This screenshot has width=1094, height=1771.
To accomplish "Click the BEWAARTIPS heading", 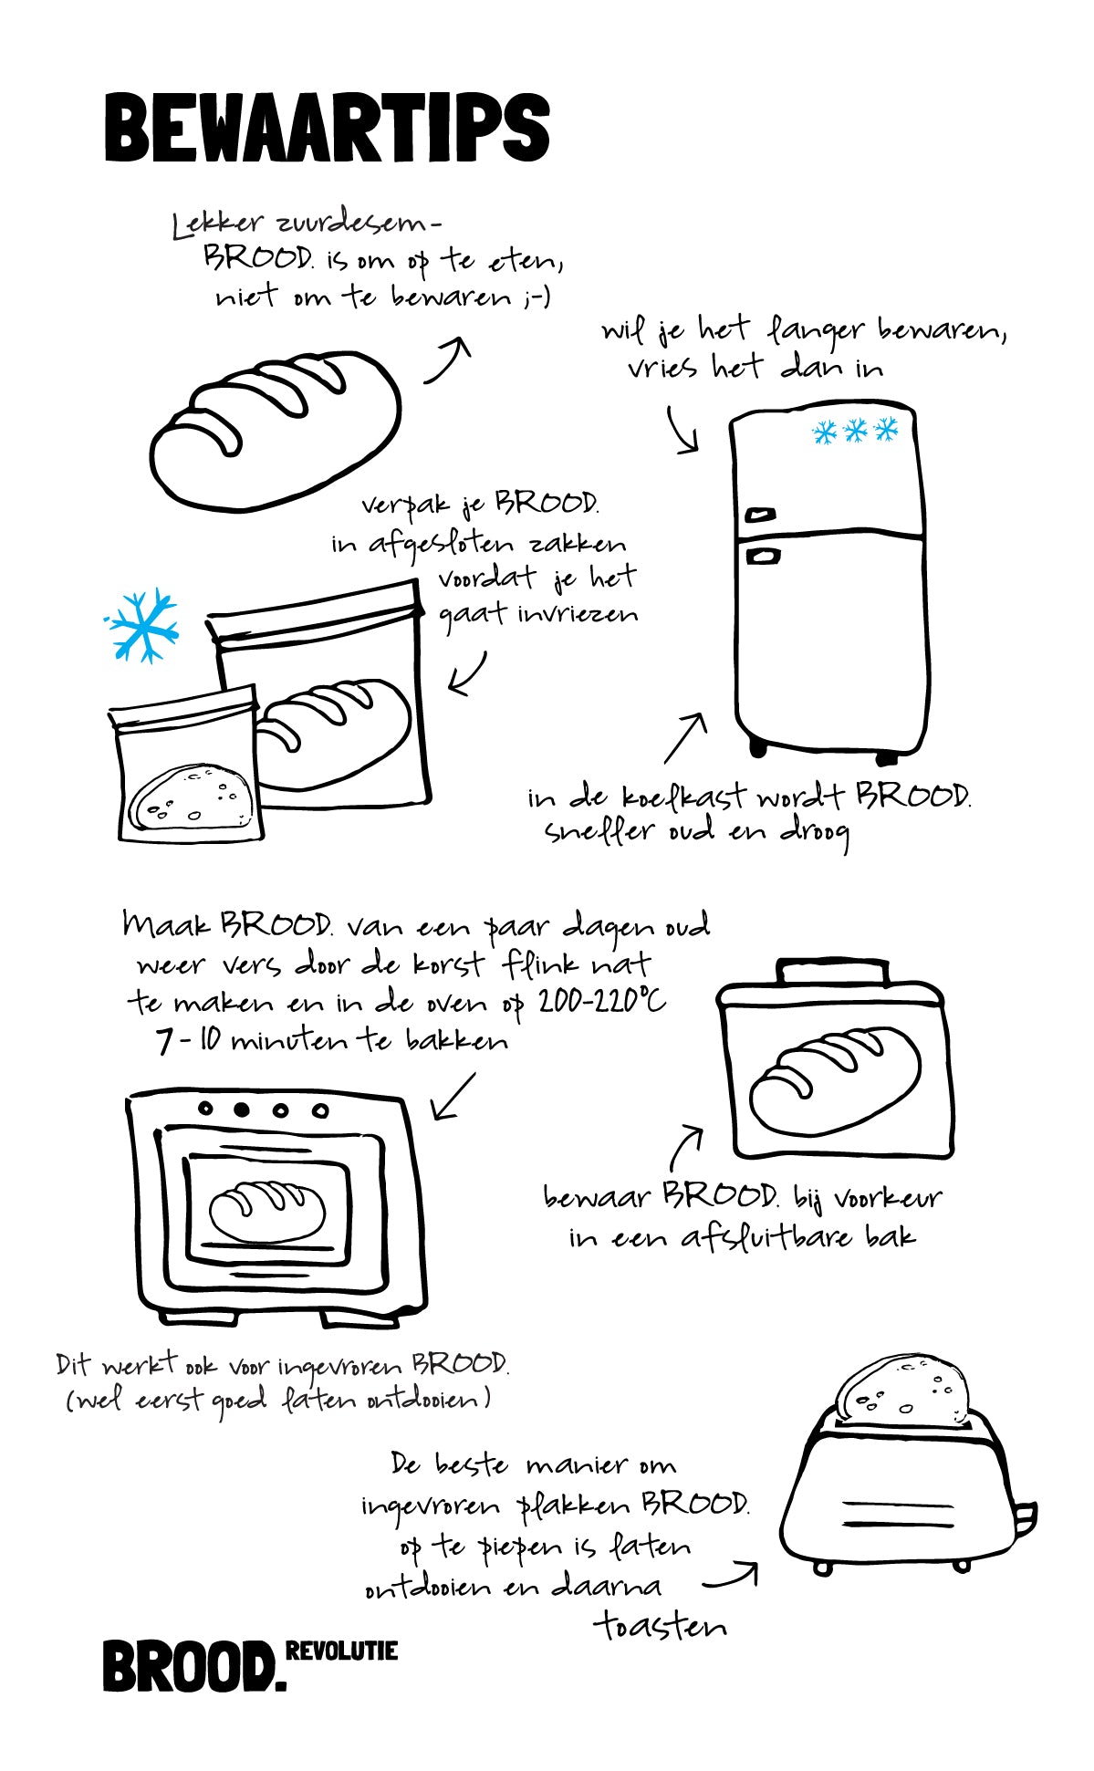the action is (327, 128).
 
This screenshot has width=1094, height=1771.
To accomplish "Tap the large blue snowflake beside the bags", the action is (142, 625).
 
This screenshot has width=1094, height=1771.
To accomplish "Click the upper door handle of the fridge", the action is (760, 515).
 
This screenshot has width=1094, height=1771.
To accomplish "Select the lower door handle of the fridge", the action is (763, 555).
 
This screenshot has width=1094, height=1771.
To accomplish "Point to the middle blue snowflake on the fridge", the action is (855, 431).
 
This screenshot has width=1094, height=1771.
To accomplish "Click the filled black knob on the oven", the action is (242, 1109).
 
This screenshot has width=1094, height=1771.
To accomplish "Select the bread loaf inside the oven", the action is (266, 1211).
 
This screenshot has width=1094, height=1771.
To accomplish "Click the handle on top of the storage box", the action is (831, 973).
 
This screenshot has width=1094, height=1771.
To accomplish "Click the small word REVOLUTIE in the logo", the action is (341, 1651).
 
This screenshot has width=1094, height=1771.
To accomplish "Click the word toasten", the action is (661, 1625).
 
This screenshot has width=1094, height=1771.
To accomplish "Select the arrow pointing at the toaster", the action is (731, 1576).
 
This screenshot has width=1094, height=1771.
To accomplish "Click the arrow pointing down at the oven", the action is (453, 1096).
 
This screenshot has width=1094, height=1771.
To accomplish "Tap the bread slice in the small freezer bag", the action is (189, 796).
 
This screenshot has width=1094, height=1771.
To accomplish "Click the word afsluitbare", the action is (767, 1237).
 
